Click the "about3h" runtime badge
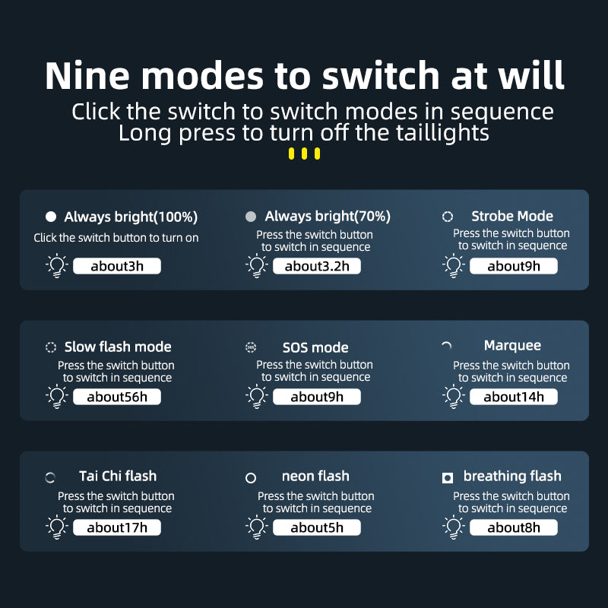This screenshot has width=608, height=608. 117,266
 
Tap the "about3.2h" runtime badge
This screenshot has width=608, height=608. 317,266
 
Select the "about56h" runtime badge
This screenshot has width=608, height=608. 117,397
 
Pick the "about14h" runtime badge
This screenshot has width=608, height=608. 514,397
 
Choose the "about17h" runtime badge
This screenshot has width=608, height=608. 117,527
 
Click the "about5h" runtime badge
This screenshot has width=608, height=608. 317,527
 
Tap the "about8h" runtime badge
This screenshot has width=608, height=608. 514,527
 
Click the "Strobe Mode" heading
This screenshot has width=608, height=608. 512,216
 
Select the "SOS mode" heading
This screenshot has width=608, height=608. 315,347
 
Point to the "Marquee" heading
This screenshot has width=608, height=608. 512,345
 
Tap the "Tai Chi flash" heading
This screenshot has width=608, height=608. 118,476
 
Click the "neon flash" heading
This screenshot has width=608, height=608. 315,476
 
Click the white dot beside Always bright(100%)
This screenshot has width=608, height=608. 51,217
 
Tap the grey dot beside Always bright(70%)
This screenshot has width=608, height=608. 251,217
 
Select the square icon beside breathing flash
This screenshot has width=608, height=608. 448,478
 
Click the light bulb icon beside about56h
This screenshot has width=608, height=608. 57,397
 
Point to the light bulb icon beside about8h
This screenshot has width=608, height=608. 454,527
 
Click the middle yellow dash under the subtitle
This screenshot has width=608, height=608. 305,154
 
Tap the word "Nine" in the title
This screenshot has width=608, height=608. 87,75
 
